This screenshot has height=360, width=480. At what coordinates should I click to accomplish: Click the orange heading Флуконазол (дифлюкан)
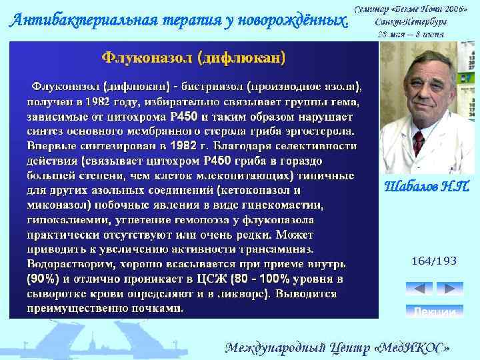[x=193, y=58]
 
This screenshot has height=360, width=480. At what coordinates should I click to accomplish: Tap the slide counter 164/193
[x=433, y=261]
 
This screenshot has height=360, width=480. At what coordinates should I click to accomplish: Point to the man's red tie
[x=419, y=143]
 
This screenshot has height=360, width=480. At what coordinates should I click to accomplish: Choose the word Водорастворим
[x=66, y=264]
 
